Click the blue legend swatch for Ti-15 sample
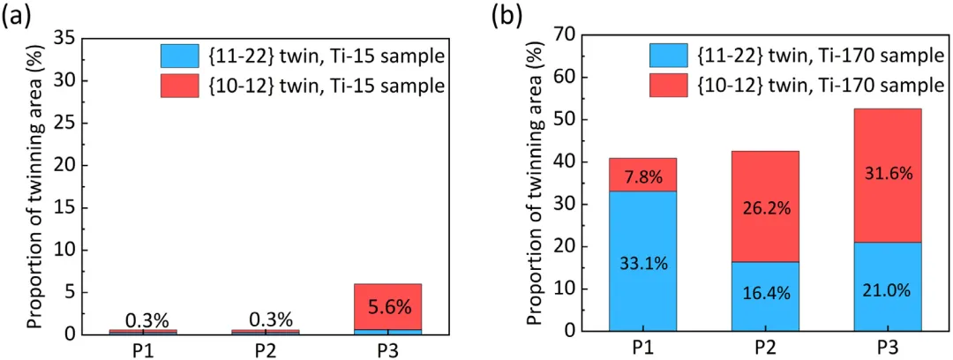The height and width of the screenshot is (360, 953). pos(179,57)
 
